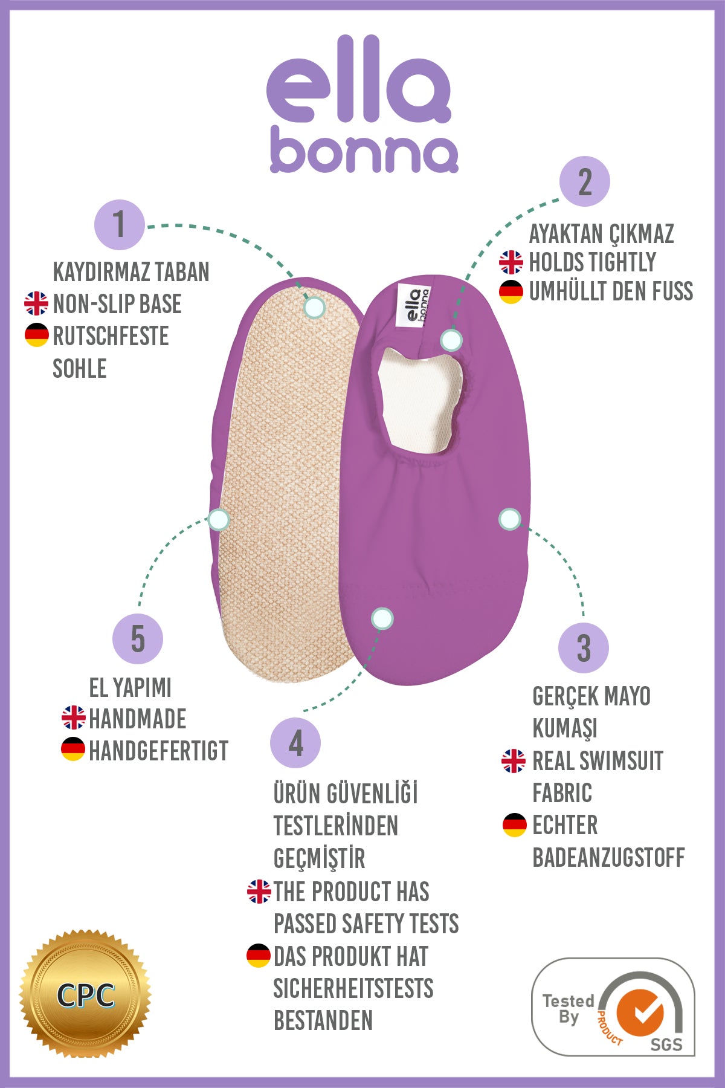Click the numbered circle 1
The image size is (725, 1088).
[119, 225]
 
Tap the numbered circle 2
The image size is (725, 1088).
[584, 181]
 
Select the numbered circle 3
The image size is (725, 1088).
[583, 648]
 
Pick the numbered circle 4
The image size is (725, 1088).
[295, 743]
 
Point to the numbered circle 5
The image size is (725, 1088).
[138, 639]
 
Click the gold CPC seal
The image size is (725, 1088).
[85, 994]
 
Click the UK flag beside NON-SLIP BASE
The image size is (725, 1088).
[36, 303]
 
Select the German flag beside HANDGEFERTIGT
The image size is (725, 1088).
[73, 750]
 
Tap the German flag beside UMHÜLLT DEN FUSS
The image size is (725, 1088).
[511, 291]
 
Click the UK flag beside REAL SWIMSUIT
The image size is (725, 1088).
[514, 761]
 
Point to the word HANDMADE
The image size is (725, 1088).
[137, 719]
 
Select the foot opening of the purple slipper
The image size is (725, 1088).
[420, 402]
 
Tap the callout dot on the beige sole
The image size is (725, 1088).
[314, 308]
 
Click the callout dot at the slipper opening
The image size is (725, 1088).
[451, 340]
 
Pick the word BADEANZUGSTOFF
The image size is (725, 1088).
[608, 857]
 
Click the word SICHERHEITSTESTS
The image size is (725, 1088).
[353, 988]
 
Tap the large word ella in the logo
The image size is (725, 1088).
[358, 82]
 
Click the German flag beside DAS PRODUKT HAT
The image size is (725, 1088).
[259, 956]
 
